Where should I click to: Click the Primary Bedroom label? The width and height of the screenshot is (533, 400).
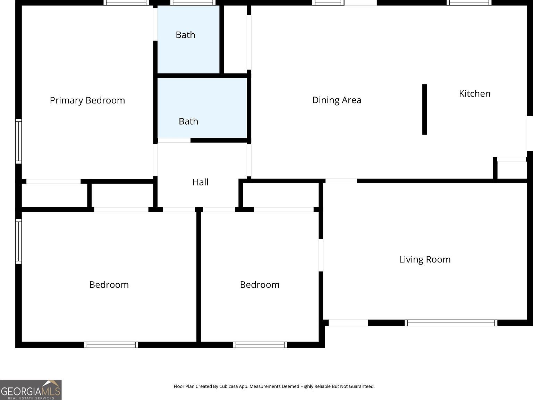pyautogui.click(x=87, y=100)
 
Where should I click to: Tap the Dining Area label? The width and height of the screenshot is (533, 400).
pyautogui.click(x=337, y=100)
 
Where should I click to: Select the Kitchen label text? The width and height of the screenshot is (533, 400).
pyautogui.click(x=474, y=93)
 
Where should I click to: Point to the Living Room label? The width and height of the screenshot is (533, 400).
pyautogui.click(x=424, y=259)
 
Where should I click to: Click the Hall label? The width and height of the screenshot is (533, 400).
pyautogui.click(x=200, y=182)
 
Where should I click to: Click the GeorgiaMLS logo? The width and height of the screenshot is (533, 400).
pyautogui.click(x=31, y=390)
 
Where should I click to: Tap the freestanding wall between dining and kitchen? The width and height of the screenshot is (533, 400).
pyautogui.click(x=424, y=109)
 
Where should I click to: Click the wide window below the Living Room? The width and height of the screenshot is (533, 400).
pyautogui.click(x=451, y=323)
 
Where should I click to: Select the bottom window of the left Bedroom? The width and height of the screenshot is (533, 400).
pyautogui.click(x=111, y=345)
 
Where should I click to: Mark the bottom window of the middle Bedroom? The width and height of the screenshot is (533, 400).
pyautogui.click(x=260, y=345)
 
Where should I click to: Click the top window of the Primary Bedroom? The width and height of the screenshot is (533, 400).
pyautogui.click(x=126, y=3)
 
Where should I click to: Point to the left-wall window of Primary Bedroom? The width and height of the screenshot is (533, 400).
pyautogui.click(x=18, y=141)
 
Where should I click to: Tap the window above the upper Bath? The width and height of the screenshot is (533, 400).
pyautogui.click(x=193, y=3)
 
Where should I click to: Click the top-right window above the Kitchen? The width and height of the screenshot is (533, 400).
pyautogui.click(x=469, y=3)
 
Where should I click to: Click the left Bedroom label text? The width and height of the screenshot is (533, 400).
pyautogui.click(x=109, y=285)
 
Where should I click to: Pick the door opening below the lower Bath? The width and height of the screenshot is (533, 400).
pyautogui.click(x=174, y=141)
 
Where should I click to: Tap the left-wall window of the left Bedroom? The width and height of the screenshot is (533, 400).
pyautogui.click(x=18, y=241)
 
